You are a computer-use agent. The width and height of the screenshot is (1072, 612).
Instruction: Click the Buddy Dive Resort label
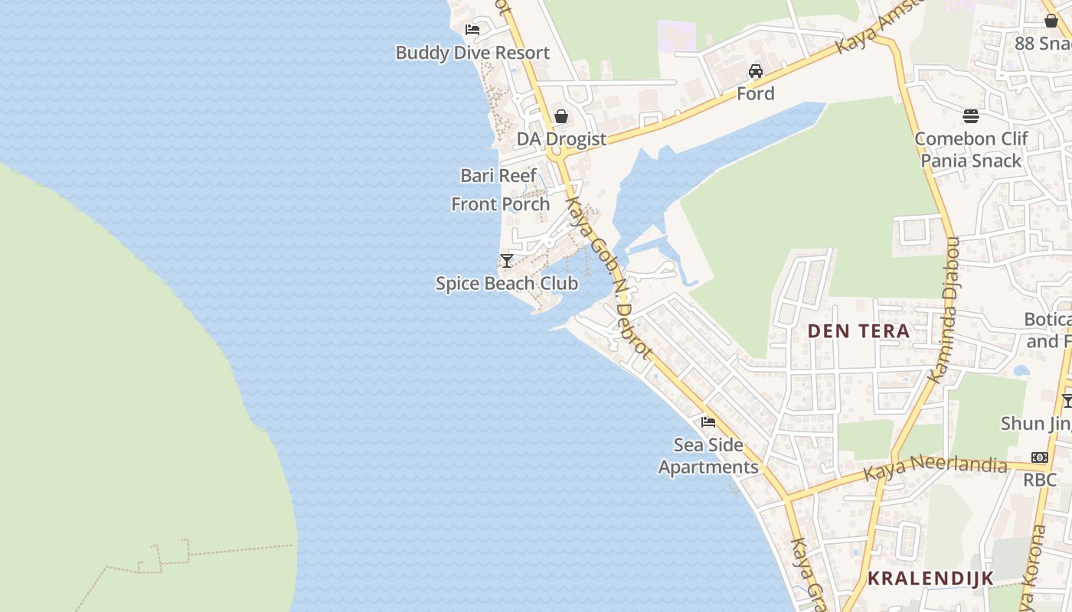(x=472, y=53)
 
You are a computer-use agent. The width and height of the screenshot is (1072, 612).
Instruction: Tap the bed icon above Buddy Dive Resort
(x=472, y=30)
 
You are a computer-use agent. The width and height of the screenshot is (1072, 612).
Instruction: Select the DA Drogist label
(x=561, y=139)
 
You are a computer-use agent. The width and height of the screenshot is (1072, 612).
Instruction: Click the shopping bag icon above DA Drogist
(x=561, y=116)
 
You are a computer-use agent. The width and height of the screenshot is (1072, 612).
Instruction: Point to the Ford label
(x=756, y=93)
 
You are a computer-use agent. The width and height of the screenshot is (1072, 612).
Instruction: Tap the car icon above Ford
(x=756, y=71)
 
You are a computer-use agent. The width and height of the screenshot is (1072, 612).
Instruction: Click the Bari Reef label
(x=498, y=175)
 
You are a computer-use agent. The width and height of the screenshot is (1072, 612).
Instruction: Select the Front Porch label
(x=501, y=204)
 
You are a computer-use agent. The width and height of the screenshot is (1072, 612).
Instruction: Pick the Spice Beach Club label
(x=507, y=283)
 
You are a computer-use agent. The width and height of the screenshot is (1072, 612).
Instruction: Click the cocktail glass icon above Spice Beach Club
(x=506, y=261)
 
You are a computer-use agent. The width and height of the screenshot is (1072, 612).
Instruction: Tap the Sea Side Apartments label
(x=708, y=456)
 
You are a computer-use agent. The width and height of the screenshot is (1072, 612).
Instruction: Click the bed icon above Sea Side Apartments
(x=708, y=422)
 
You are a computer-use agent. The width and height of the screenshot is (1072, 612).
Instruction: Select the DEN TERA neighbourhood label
(x=859, y=331)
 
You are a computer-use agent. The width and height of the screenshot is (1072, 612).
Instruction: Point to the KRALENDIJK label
(x=930, y=578)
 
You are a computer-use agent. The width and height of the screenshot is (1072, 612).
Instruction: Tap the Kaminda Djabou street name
(x=945, y=310)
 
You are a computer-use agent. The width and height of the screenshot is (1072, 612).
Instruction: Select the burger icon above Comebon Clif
(x=971, y=116)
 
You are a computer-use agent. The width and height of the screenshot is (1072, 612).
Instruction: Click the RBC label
(x=1040, y=480)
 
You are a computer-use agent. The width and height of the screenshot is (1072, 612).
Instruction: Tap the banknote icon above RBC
(x=1039, y=457)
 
